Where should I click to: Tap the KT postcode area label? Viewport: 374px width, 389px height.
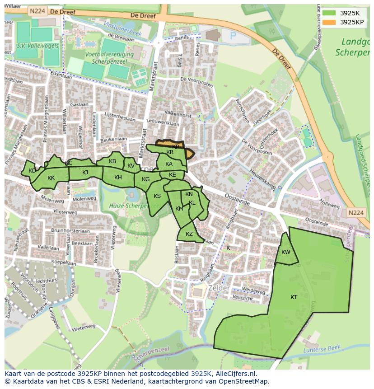[294, 297]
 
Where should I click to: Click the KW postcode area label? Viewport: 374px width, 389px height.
[285, 252]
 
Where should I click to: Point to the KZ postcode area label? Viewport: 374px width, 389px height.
[189, 234]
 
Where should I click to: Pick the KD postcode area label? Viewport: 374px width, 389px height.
[32, 171]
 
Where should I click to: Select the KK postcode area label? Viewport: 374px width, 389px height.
[51, 178]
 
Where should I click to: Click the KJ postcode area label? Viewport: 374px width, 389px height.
[85, 172]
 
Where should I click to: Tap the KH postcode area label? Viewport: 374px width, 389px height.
[118, 178]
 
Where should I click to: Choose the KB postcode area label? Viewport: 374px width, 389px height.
[112, 161]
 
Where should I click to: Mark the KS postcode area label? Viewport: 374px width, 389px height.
[157, 196]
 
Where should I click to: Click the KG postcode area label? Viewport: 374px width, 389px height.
[145, 179]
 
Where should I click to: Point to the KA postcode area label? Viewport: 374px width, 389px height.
[169, 164]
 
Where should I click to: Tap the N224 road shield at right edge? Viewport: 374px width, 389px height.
[356, 212]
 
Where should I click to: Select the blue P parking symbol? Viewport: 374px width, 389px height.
[233, 36]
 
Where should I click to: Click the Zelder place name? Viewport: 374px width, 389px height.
[219, 288]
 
